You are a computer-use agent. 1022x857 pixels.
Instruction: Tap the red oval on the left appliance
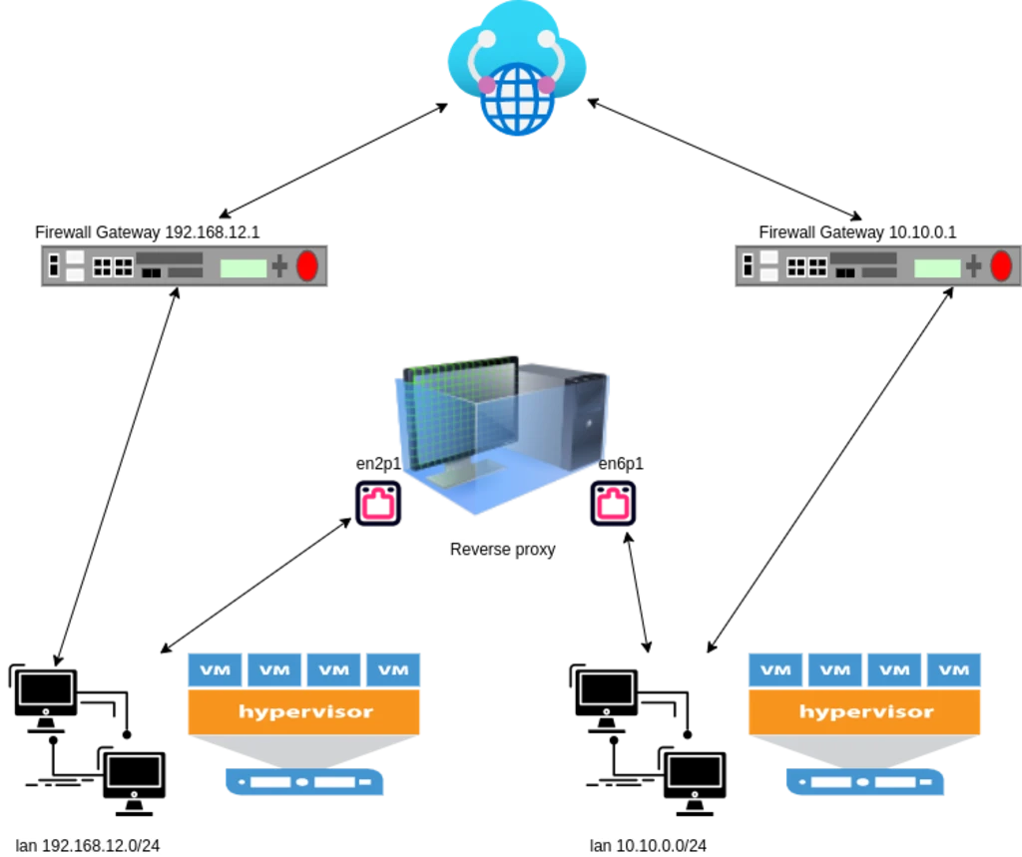point(307,266)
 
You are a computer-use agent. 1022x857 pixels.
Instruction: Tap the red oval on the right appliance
point(1001,266)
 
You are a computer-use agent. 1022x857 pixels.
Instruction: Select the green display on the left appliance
point(244,267)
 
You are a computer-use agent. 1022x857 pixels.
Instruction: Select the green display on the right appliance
point(937,267)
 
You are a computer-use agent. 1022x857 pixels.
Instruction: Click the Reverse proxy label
point(503,550)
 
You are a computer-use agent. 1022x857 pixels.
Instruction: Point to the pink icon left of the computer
point(378,505)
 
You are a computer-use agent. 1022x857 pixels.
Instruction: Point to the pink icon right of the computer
point(613,505)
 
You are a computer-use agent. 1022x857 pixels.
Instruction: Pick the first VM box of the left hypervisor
point(215,669)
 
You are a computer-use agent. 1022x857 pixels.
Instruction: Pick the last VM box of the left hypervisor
point(393,669)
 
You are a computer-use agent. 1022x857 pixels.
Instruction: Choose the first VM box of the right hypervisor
point(775,669)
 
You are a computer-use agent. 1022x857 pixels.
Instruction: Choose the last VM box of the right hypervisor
point(953,669)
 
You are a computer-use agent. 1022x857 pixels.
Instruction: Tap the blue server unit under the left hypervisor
point(304,782)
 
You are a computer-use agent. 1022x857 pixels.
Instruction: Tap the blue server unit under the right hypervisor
point(864,782)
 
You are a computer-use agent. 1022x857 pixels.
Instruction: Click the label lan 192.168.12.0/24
point(88,845)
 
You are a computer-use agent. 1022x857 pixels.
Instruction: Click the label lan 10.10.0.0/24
point(649,845)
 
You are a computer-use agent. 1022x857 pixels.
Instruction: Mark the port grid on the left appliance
point(113,267)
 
